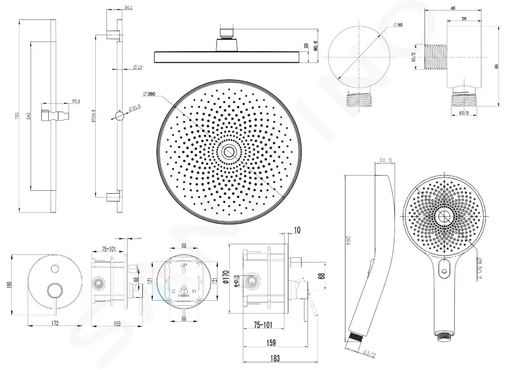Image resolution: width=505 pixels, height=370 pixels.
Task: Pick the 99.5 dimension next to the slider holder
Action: point(76,102)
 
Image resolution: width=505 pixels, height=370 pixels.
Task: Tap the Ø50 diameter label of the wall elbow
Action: point(398,24)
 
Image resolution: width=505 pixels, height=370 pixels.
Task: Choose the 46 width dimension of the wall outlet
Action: point(453,8)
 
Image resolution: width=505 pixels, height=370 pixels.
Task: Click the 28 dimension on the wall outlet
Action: point(464,19)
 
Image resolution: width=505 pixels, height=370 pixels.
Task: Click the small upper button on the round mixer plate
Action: point(55,269)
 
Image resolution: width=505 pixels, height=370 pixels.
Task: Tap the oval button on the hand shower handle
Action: point(444,271)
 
